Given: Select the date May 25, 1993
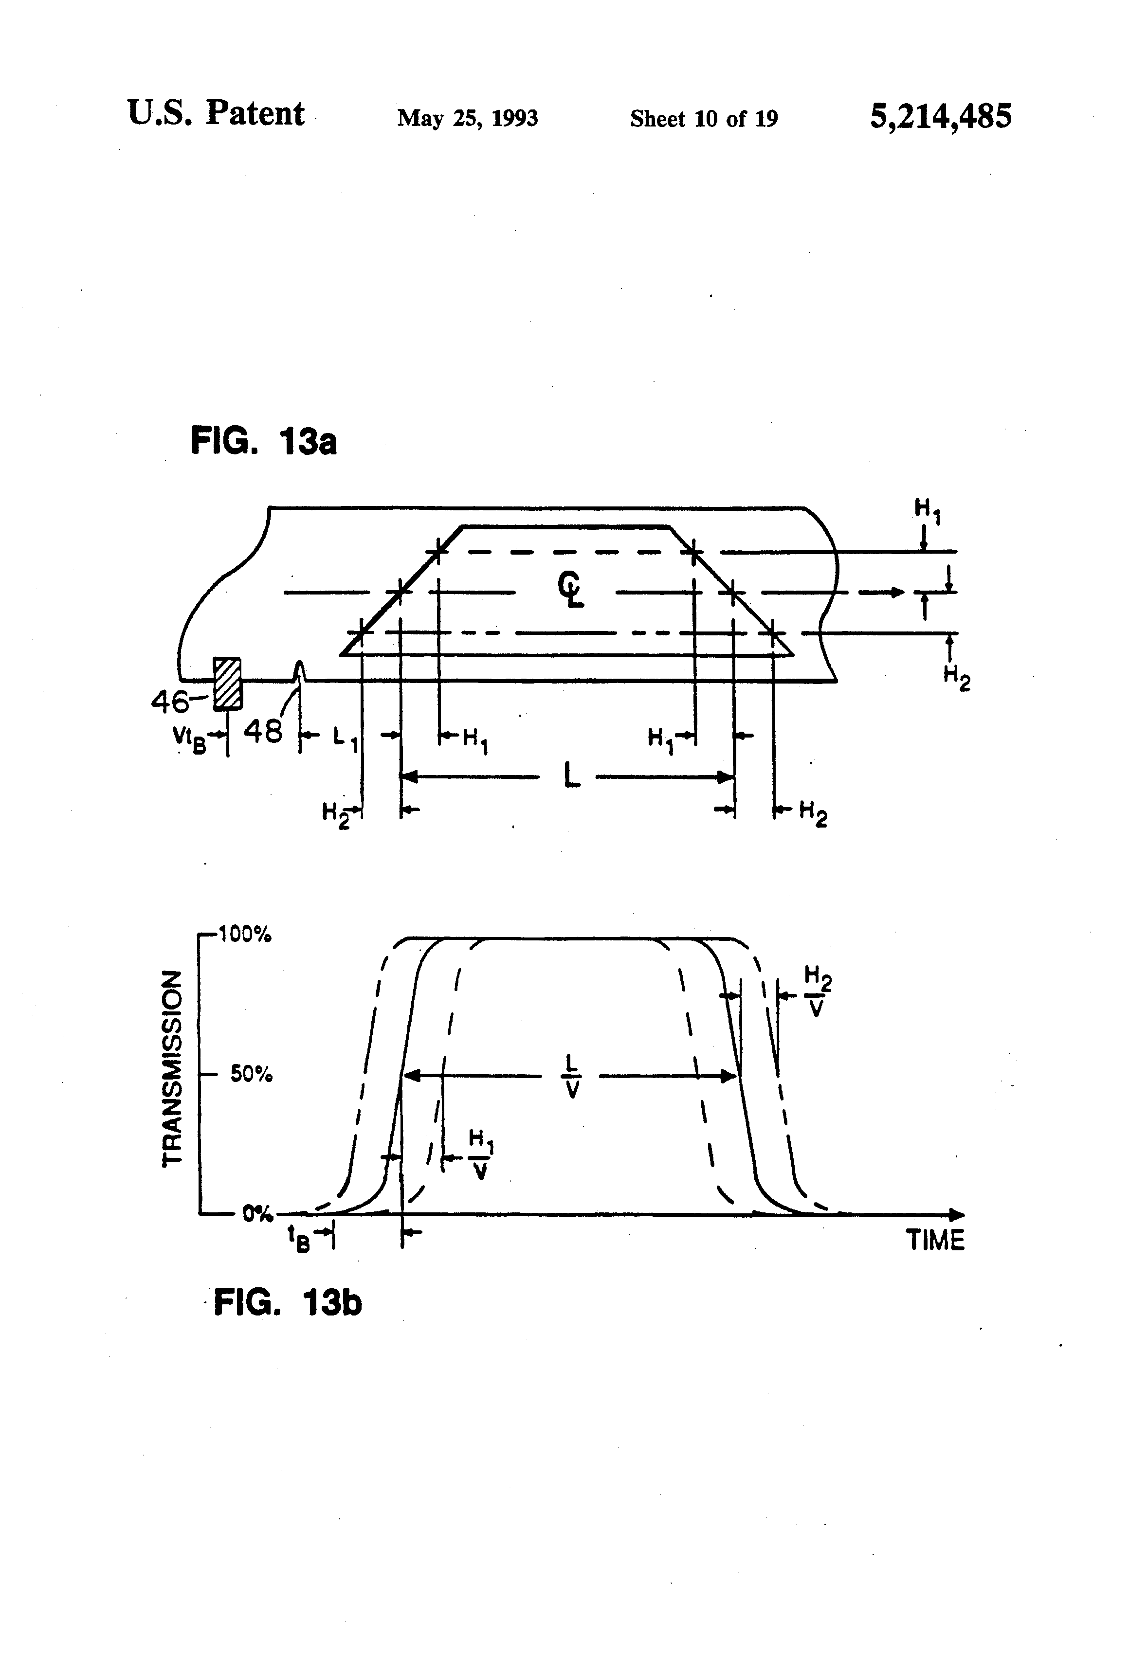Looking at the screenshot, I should (468, 118).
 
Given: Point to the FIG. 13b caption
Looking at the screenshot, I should (288, 1303).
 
